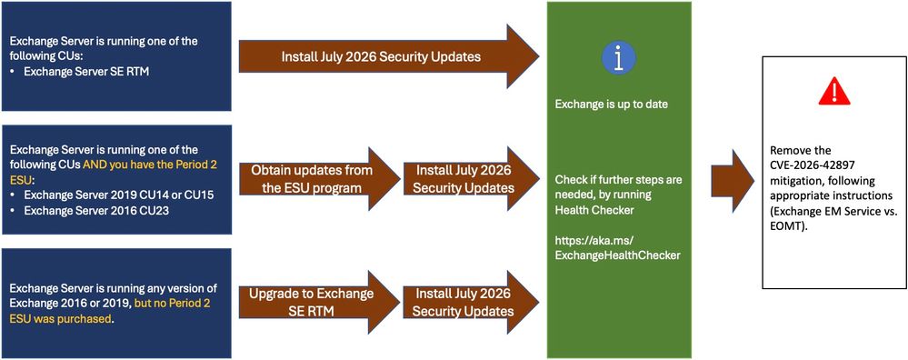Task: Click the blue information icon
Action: pyautogui.click(x=619, y=57)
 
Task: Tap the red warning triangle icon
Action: pyautogui.click(x=834, y=92)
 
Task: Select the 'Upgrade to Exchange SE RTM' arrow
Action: pyautogui.click(x=319, y=302)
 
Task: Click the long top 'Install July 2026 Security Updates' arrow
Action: pyautogui.click(x=389, y=56)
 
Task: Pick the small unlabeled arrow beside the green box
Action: pyautogui.click(x=733, y=181)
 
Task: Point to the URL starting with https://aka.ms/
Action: pyautogui.click(x=617, y=247)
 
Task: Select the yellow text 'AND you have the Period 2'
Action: pyautogui.click(x=150, y=164)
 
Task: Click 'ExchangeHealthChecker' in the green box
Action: pyautogui.click(x=617, y=255)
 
